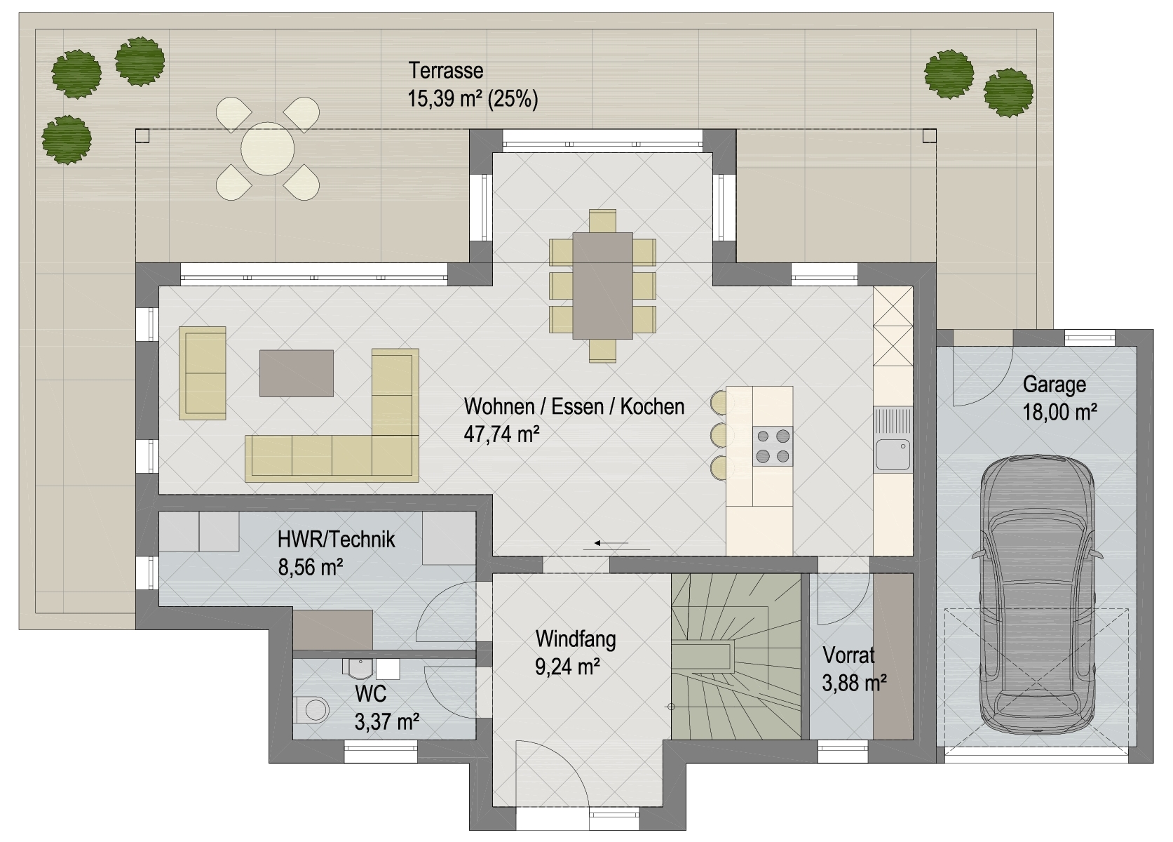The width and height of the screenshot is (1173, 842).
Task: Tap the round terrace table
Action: pos(268,149)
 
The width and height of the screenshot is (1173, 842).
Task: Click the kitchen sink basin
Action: pos(893,455)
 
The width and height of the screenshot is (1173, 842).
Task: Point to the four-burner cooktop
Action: pos(773,446)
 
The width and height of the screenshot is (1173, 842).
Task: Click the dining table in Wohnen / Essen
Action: pos(603,286)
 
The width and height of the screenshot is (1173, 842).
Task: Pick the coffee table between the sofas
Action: pos(297,373)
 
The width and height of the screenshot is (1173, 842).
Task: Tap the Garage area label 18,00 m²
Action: pos(1060,413)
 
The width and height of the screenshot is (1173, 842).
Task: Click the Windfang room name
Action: pos(576,640)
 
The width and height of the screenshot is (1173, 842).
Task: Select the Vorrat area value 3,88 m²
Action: pos(854,683)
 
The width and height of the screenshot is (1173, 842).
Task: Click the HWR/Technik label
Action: pos(336,539)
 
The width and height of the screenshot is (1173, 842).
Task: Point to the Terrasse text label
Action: pos(446,71)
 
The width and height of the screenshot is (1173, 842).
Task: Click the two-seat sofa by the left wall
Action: pos(203,373)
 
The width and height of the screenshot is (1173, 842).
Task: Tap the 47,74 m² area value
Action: pos(501,434)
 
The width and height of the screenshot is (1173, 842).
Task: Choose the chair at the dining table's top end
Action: pos(603,221)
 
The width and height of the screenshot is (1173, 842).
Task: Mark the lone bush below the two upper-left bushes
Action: pos(67,140)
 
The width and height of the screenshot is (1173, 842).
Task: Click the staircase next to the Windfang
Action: pos(736,657)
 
